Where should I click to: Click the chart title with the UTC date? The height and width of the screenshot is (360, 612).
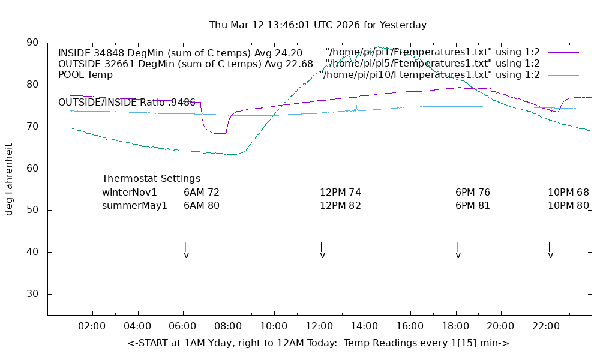[318, 25]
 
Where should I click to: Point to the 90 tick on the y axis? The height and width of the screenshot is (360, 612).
[32, 43]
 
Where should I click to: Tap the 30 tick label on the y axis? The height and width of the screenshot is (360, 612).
[32, 294]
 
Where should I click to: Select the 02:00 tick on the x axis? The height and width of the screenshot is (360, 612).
[92, 326]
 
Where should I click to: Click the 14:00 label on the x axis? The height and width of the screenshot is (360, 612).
[364, 326]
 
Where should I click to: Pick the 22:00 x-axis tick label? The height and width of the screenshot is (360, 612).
[545, 326]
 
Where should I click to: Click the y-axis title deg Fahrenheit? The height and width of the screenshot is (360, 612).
[9, 179]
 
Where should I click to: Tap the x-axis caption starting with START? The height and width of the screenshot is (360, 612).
[318, 343]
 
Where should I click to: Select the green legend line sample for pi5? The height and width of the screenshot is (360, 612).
[563, 64]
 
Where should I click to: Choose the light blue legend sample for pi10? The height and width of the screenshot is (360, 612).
[563, 75]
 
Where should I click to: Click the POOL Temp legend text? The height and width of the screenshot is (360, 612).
[85, 75]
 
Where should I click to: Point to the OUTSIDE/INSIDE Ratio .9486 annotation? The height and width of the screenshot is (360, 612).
[127, 103]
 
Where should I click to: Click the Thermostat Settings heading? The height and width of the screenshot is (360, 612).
[151, 179]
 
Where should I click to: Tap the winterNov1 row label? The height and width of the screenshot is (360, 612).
[130, 193]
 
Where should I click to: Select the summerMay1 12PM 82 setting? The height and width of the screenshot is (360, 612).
[340, 206]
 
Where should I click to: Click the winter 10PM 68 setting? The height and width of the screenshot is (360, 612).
[568, 193]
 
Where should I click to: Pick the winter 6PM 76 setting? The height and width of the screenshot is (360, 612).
[473, 193]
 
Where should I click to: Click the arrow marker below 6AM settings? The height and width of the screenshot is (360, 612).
[186, 251]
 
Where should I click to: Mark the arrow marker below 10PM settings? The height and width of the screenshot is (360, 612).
[550, 251]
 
